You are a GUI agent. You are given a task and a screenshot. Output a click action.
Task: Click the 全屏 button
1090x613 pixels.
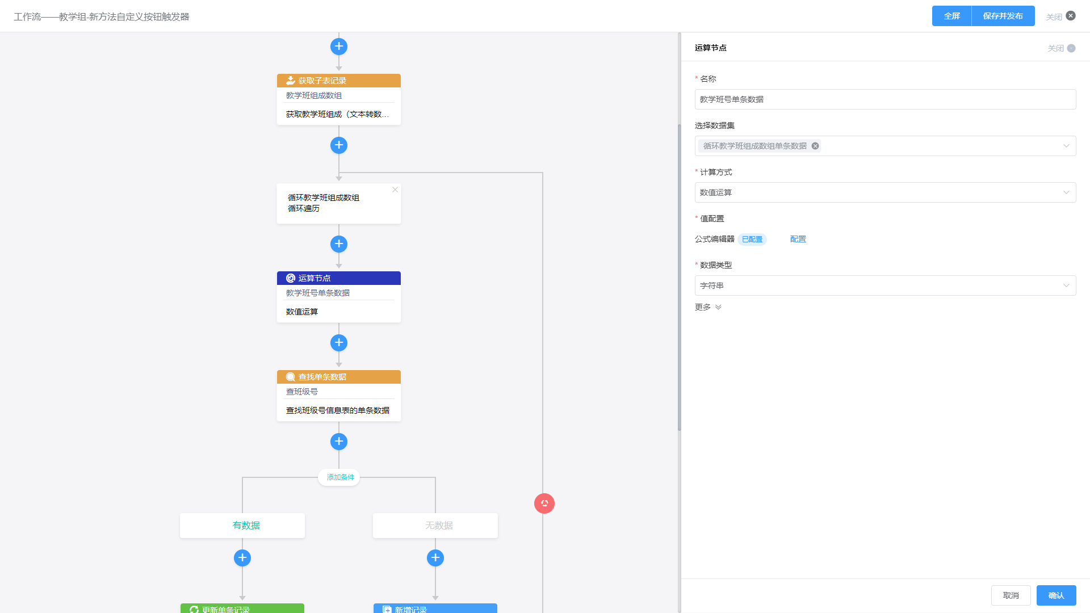[x=951, y=16]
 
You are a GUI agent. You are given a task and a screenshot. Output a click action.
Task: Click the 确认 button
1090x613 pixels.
[x=1056, y=595]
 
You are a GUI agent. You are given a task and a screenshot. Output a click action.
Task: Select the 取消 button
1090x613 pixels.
[x=1011, y=595]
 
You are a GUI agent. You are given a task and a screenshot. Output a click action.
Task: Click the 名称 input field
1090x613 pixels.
[x=885, y=99]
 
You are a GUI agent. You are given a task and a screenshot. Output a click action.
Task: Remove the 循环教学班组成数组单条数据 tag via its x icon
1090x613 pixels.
[x=815, y=146]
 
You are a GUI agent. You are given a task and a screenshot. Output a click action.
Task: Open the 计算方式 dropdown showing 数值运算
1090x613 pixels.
[x=885, y=192]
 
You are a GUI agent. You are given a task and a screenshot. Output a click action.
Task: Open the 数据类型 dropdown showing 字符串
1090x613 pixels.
[x=885, y=285]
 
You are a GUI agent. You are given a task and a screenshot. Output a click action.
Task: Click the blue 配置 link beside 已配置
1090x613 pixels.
[x=798, y=240]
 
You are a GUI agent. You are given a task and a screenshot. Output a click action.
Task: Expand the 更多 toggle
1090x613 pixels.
[x=708, y=307]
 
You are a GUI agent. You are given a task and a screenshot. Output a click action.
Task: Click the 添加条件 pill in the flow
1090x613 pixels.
[x=340, y=477]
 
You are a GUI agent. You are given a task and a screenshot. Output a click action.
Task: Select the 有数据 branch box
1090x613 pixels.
[x=242, y=526]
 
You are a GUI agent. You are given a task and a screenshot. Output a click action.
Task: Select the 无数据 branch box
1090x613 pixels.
[x=435, y=526]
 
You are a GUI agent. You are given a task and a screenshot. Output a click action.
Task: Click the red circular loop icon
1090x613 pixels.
[x=544, y=503]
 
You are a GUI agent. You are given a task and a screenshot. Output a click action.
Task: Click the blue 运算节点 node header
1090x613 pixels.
[x=339, y=278]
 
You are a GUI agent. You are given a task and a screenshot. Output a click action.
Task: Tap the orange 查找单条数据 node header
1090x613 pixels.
[x=339, y=377]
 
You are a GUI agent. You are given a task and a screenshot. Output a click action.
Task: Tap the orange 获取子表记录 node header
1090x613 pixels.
[x=339, y=81]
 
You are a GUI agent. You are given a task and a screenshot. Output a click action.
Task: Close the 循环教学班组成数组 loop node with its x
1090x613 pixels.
[x=395, y=190]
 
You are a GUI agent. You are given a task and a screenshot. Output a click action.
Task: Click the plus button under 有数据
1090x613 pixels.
[x=242, y=558]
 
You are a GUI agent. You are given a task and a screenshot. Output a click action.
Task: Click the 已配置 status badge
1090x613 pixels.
[x=752, y=240]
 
